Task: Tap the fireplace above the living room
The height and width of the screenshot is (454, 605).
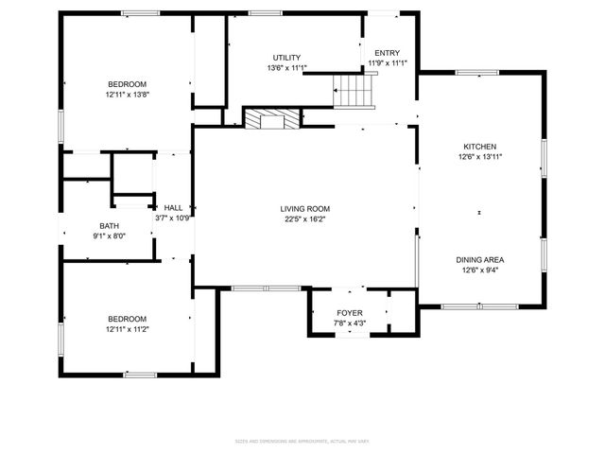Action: [x=271, y=117]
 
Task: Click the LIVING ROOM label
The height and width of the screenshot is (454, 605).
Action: [x=305, y=209]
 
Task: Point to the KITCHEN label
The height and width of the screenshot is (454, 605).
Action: [x=479, y=147]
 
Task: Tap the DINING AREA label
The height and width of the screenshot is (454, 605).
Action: [x=479, y=259]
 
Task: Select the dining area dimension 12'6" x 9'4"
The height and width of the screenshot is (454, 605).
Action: [x=479, y=269]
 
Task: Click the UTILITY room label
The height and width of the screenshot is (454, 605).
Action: [x=287, y=58]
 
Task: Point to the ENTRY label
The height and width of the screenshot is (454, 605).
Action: [x=387, y=53]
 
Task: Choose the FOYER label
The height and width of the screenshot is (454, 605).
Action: [x=350, y=313]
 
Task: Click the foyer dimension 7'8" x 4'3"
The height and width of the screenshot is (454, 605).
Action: [x=350, y=323]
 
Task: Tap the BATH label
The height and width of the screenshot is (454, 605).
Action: [x=110, y=226]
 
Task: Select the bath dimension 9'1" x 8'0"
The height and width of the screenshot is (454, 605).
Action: [x=110, y=236]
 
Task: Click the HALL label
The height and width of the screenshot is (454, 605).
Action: [x=173, y=208]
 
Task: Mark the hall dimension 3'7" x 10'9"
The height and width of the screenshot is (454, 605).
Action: [x=173, y=218]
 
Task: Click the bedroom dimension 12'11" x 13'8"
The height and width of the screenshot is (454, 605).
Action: [x=127, y=95]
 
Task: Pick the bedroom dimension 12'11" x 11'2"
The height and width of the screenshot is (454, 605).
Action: [x=127, y=328]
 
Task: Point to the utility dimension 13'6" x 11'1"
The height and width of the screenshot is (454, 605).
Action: [x=287, y=67]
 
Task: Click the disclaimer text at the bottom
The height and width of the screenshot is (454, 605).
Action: [x=302, y=442]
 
